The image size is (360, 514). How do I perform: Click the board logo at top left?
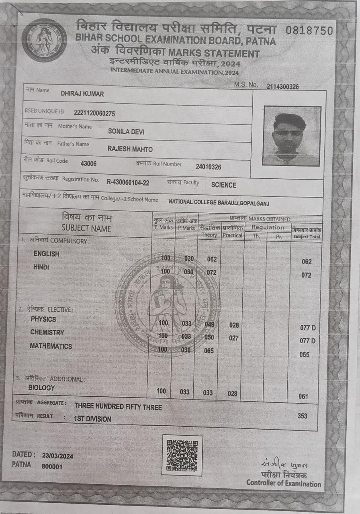coord(44,40)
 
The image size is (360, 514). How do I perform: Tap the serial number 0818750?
coord(309,31)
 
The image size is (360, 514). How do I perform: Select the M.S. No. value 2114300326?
coord(282,86)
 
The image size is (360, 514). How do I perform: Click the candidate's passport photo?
coord(292,136)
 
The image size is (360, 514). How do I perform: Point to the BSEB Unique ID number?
coord(94,114)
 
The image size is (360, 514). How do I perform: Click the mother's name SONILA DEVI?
coord(126,131)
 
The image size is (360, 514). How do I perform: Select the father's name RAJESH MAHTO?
coord(130,149)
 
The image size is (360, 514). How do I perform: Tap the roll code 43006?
coord(88,163)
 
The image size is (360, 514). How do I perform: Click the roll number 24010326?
coord(208,167)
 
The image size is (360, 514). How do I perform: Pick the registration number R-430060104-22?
coord(128,183)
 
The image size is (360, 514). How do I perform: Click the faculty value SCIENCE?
coord(224,185)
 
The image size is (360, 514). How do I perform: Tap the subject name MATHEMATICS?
coord(51,346)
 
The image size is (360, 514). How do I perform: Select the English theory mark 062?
coord(212,259)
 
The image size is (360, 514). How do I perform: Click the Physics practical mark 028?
coord(234,325)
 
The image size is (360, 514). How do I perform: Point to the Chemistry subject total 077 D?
coord(308,341)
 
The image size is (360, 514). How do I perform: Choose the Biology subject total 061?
coord(303,397)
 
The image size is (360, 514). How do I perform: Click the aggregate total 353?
coord(303,416)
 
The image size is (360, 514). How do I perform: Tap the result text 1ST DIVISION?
coord(92,419)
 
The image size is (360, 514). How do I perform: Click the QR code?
coord(182,455)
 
